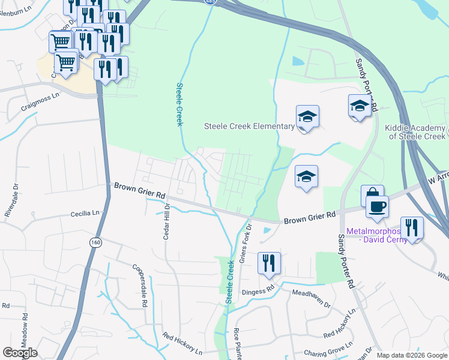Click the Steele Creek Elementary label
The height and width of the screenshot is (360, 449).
249,126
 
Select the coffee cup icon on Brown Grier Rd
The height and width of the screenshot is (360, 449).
377,207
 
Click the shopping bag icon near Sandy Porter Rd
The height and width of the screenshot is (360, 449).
372,196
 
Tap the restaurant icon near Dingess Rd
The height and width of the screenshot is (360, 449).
269,262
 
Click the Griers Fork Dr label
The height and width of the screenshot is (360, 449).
247,238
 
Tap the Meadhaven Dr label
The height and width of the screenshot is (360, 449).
311,298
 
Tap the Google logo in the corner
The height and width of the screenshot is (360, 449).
20,353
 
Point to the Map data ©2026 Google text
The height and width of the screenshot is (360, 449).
411,355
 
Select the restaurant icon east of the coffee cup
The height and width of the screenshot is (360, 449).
412,227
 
